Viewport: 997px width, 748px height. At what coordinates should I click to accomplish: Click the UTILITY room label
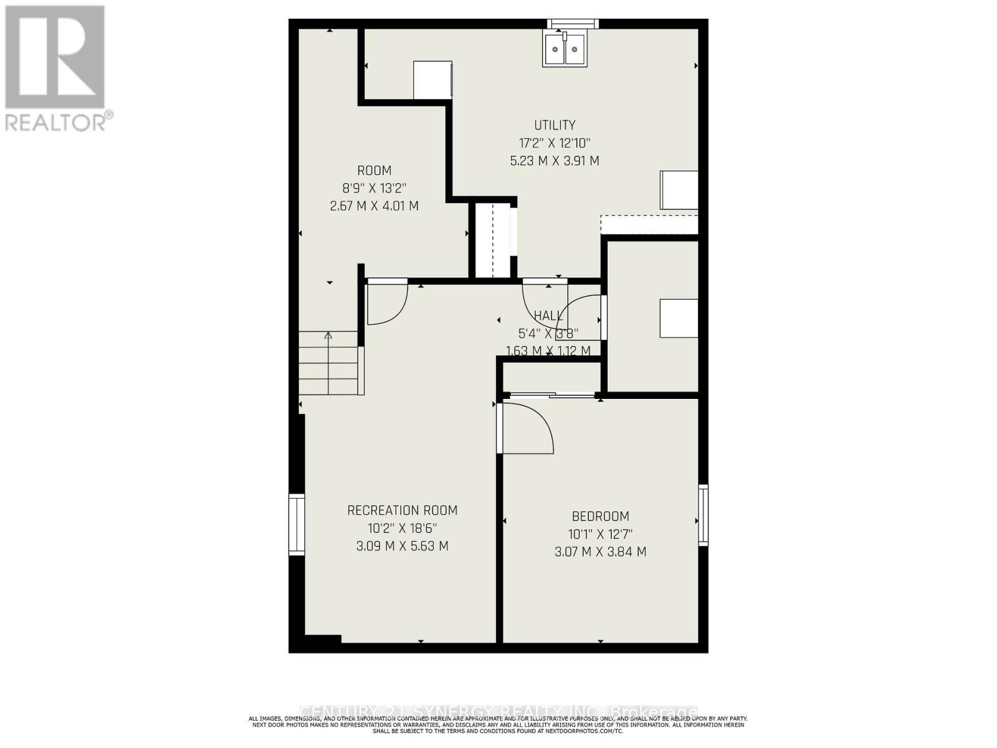click(x=555, y=125)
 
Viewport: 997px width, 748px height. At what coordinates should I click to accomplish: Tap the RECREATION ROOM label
click(x=402, y=511)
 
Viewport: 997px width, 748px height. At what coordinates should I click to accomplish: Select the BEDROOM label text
click(x=600, y=516)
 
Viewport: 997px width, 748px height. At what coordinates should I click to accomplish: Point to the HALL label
click(x=548, y=316)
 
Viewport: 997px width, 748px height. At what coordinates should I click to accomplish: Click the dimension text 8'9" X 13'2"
click(x=374, y=188)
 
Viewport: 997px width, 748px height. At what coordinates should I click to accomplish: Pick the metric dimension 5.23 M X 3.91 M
click(x=555, y=161)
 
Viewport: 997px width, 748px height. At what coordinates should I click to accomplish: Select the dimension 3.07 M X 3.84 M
click(x=600, y=552)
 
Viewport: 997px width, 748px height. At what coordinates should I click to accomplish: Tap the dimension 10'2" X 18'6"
click(x=402, y=529)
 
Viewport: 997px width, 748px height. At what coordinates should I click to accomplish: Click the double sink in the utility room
click(x=564, y=50)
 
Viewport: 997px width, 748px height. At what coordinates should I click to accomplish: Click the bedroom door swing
click(x=527, y=428)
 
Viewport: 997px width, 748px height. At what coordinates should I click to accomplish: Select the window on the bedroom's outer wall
click(x=703, y=515)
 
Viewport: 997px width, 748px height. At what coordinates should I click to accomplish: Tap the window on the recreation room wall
click(x=297, y=524)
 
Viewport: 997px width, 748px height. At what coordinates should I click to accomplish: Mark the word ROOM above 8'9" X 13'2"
click(x=374, y=171)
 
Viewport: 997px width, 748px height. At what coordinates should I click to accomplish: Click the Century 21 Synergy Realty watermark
click(x=499, y=712)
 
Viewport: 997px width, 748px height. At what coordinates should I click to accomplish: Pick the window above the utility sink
click(x=573, y=24)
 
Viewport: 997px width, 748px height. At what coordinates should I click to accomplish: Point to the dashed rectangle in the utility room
click(x=649, y=224)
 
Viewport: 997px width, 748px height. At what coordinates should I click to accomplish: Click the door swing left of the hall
click(x=386, y=303)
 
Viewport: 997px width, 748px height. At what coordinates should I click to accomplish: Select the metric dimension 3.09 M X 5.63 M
click(x=402, y=546)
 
